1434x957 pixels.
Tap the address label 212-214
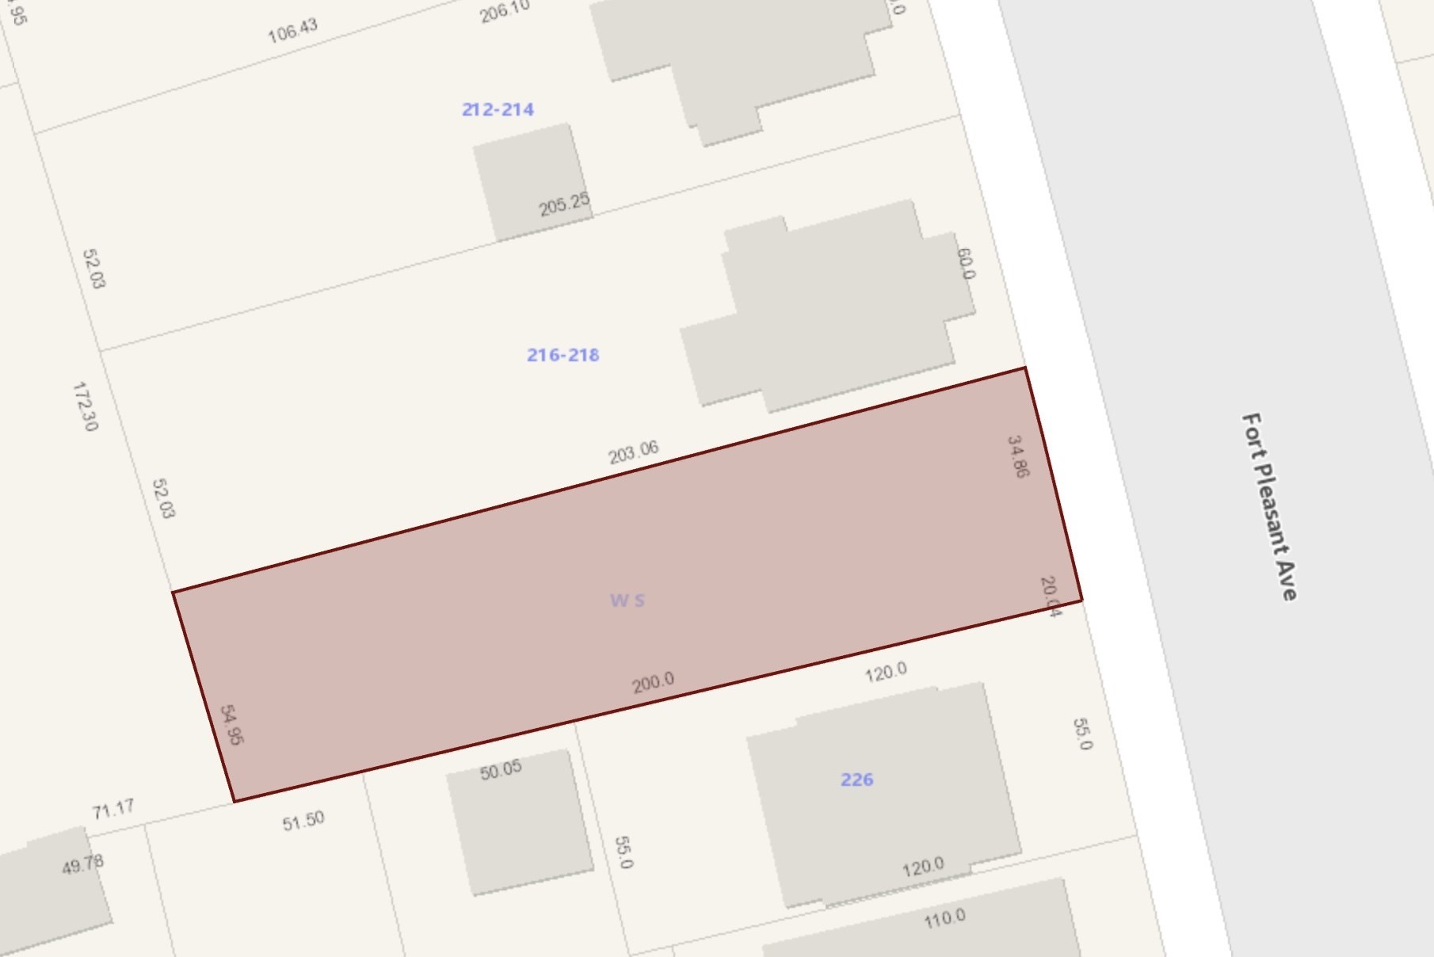[498, 109]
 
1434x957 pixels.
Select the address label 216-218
[563, 355]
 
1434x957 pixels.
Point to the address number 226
[856, 780]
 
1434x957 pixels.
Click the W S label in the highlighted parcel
[627, 601]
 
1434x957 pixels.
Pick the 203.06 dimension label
[633, 452]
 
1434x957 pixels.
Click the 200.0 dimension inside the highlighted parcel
[653, 682]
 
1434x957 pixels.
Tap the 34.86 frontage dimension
[1017, 456]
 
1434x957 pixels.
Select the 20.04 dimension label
[1050, 596]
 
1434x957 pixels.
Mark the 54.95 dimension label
[231, 724]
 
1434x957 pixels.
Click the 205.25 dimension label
[564, 204]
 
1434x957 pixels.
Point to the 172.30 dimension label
[85, 406]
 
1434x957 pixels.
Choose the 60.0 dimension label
[965, 264]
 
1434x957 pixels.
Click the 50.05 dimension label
[501, 769]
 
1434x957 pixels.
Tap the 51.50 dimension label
[303, 821]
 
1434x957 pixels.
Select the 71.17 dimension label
[113, 810]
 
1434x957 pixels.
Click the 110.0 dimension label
[944, 919]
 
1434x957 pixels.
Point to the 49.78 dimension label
[82, 864]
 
